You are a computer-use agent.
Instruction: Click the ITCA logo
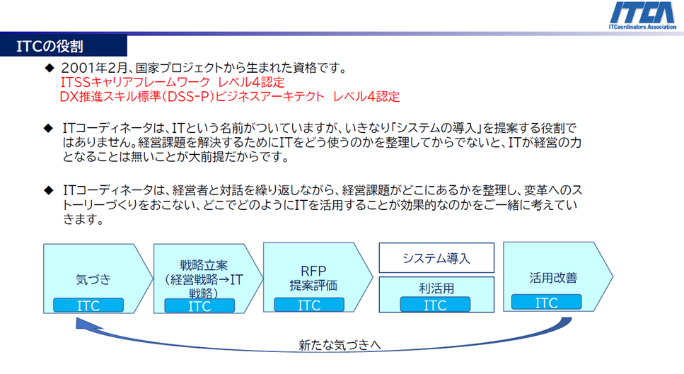click(x=642, y=16)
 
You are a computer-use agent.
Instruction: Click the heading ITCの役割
click(x=50, y=46)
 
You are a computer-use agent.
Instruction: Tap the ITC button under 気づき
click(x=88, y=305)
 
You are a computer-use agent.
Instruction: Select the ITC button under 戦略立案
click(x=199, y=305)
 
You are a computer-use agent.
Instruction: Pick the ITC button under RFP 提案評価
click(x=309, y=305)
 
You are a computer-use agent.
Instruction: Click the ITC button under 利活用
click(x=435, y=304)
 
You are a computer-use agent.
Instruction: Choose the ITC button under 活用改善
click(x=546, y=302)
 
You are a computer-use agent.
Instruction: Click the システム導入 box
click(x=436, y=257)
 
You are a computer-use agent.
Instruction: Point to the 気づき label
click(x=93, y=279)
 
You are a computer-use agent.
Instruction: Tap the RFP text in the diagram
click(x=313, y=271)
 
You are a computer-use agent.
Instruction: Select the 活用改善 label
click(x=553, y=278)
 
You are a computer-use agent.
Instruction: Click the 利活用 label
click(x=436, y=288)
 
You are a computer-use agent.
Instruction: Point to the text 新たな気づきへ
click(x=340, y=345)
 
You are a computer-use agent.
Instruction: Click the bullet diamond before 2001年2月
click(x=49, y=68)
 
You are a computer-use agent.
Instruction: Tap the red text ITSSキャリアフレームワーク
click(x=135, y=82)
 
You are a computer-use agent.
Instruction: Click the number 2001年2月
click(x=94, y=68)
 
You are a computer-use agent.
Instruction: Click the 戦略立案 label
click(x=204, y=265)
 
